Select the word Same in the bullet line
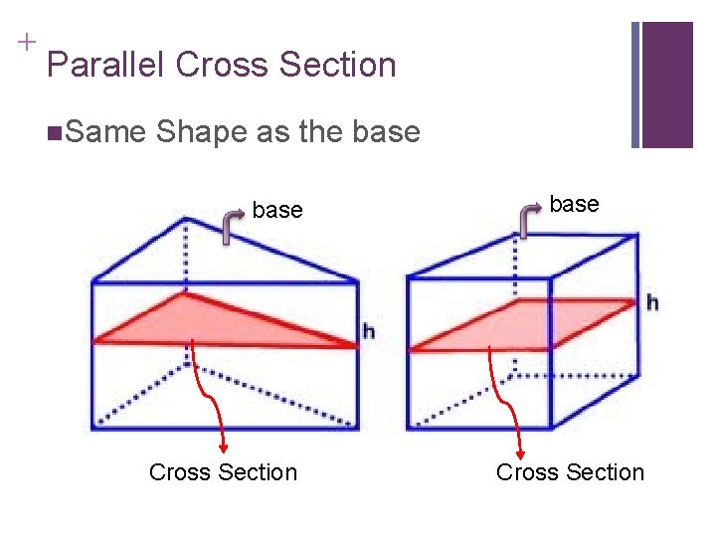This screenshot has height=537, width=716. [106, 131]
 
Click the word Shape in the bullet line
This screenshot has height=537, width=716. [202, 131]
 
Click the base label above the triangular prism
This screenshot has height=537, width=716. [277, 210]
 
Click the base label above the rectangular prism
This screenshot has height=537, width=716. [574, 204]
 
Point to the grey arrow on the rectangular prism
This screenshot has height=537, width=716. [528, 218]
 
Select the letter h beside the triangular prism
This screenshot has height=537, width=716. [368, 331]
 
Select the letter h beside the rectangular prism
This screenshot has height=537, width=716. [652, 301]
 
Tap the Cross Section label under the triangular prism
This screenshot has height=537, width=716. [223, 472]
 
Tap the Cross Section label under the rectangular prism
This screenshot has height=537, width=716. [570, 472]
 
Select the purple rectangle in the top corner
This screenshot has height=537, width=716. [667, 85]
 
